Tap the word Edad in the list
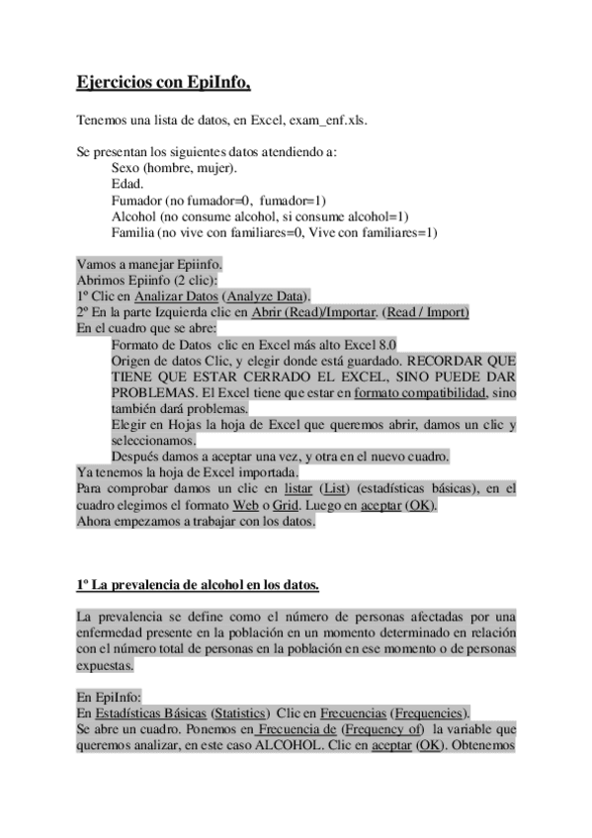click(127, 184)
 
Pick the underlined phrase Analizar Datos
click(177, 295)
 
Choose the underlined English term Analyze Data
click(266, 295)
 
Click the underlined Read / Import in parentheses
click(426, 311)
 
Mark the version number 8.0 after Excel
click(382, 344)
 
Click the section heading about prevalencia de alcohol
click(197, 585)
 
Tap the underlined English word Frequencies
click(429, 713)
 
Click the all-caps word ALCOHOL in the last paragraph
click(289, 745)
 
